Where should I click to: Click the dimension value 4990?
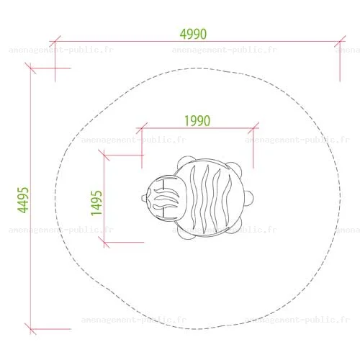click(x=193, y=34)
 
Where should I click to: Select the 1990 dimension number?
click(x=197, y=121)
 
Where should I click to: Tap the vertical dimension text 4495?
click(x=23, y=200)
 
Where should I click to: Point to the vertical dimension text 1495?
click(x=96, y=203)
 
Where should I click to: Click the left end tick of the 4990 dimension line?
click(x=55, y=41)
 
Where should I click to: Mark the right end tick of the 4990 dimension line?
click(x=340, y=41)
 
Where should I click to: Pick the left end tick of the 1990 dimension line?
click(x=142, y=128)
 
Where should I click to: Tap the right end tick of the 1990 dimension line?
click(x=253, y=128)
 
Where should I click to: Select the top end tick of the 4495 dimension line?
click(x=30, y=68)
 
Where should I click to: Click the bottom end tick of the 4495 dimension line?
click(x=30, y=329)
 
